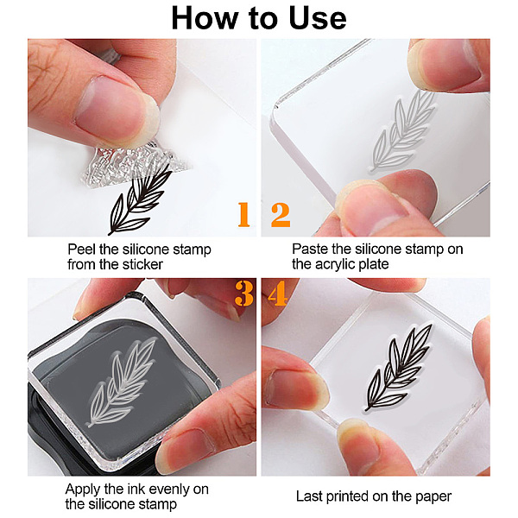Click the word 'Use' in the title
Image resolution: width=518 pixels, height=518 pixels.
point(318,18)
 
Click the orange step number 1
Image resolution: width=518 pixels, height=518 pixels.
point(243,215)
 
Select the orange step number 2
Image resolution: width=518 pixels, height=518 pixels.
point(281,215)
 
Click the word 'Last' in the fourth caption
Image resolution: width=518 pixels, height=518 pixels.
point(308,496)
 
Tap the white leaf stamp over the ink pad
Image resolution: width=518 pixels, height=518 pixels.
point(122,382)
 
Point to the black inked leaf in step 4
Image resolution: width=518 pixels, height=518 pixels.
point(398,368)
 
